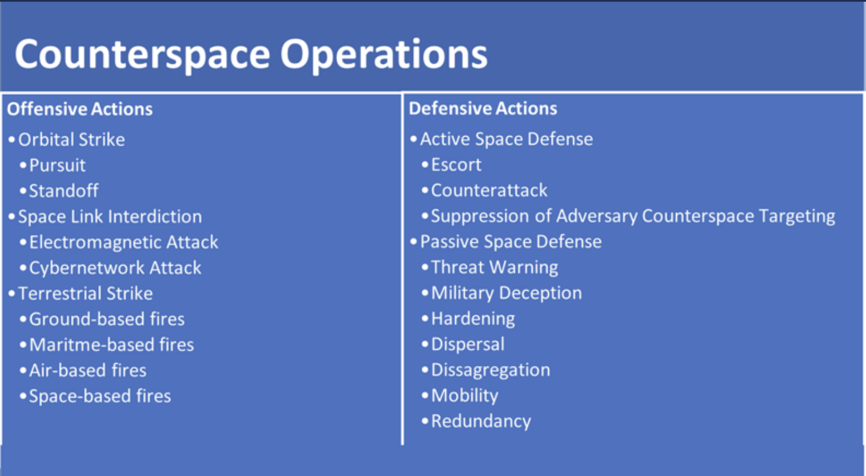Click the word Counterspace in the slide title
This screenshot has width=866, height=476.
[x=142, y=54]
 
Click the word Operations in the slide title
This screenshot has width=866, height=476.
[x=383, y=54]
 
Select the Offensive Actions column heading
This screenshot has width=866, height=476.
[x=79, y=109]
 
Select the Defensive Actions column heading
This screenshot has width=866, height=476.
[x=483, y=109]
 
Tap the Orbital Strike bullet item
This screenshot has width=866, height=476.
[x=71, y=140]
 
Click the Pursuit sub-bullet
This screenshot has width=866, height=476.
[x=57, y=165]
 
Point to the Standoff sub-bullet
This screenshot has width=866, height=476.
[x=64, y=191]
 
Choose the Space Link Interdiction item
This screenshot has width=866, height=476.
[x=110, y=217]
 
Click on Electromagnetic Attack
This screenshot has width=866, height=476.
[x=123, y=243]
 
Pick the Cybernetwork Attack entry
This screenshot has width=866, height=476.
[x=115, y=268]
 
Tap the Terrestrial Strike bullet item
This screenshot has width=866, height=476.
[x=85, y=294]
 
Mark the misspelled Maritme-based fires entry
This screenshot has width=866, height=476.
[x=111, y=345]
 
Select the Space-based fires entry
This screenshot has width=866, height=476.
[x=100, y=396]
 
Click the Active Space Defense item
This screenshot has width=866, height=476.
[x=506, y=139]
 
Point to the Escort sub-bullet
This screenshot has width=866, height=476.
[x=456, y=165]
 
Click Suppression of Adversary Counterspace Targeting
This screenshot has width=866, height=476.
[x=633, y=216]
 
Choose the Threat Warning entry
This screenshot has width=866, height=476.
[x=494, y=268]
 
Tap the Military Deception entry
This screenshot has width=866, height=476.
[x=506, y=293]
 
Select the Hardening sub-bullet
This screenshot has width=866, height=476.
[x=473, y=319]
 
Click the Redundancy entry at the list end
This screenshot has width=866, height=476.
[x=481, y=422]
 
